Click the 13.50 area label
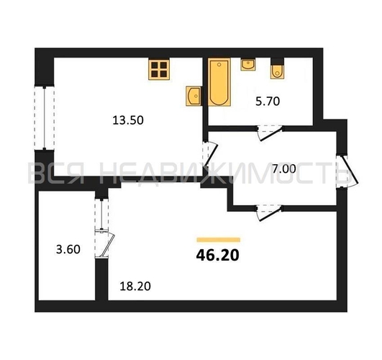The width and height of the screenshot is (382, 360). click(x=128, y=120)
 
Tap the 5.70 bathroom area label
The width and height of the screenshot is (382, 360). click(x=268, y=102)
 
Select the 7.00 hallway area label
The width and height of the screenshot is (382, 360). click(x=284, y=169)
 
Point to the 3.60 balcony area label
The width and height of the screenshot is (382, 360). click(x=68, y=250)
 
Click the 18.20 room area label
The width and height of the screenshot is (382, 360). click(x=135, y=286)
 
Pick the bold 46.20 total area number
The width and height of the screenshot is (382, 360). click(x=217, y=256)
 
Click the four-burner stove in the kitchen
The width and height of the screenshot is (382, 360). click(x=159, y=69)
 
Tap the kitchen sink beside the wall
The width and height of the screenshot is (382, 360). click(x=194, y=96)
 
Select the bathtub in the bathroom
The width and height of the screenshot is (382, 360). click(x=219, y=82)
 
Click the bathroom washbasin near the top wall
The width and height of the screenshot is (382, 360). click(x=248, y=65)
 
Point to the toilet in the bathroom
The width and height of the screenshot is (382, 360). click(x=277, y=71)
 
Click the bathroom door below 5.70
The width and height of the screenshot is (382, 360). click(x=270, y=133)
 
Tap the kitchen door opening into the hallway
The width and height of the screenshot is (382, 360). click(x=210, y=154)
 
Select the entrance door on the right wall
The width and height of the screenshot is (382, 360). click(x=347, y=171)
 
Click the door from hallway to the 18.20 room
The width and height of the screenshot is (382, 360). click(x=269, y=213)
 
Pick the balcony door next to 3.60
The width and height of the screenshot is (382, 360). click(x=104, y=244)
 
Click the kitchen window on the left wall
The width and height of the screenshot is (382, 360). click(x=45, y=118)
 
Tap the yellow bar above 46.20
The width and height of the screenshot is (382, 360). click(x=219, y=240)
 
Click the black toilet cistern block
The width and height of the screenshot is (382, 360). click(x=277, y=61)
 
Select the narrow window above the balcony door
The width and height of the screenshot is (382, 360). click(x=101, y=214)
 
